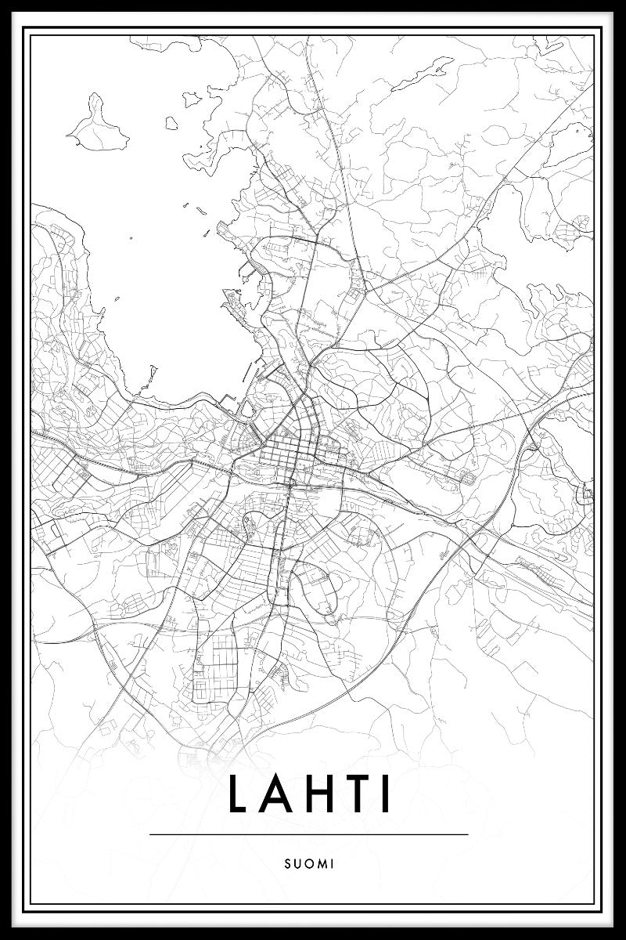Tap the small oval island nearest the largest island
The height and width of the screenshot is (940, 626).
tap(191, 99)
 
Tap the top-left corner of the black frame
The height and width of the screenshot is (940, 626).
tap(3, 3)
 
